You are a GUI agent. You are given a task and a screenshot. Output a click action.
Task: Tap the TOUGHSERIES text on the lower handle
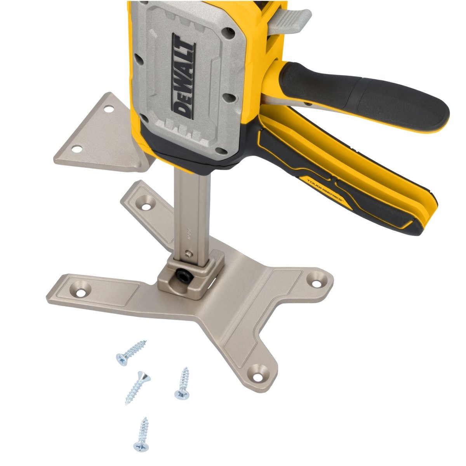pyautogui.click(x=324, y=190)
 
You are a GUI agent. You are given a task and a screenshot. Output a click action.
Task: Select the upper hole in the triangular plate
pyautogui.click(x=109, y=109)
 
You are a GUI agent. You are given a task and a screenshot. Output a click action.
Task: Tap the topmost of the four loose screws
pyautogui.click(x=131, y=352)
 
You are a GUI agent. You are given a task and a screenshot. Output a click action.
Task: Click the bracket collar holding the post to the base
pyautogui.click(x=190, y=276)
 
